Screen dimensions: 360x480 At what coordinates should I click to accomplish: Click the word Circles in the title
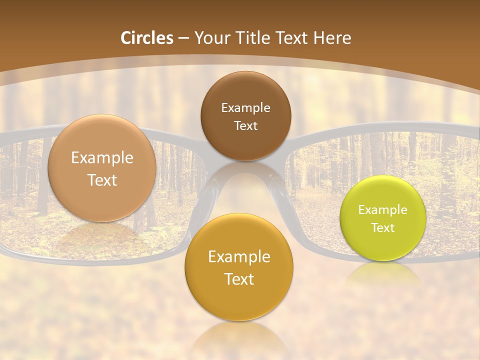[x=146, y=38]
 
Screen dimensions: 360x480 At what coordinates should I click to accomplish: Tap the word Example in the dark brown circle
[x=245, y=107]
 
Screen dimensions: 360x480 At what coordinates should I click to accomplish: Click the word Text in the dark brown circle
[x=245, y=125]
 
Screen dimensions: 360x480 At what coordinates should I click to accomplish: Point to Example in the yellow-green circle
[x=383, y=209]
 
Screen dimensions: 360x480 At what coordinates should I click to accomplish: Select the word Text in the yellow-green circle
[x=383, y=227]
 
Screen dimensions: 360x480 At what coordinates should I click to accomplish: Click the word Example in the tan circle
[x=102, y=158]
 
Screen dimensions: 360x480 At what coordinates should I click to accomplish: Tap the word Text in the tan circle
[x=102, y=180]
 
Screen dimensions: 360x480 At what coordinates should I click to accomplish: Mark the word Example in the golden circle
[x=239, y=257]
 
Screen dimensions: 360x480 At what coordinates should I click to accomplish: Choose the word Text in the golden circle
[x=239, y=279]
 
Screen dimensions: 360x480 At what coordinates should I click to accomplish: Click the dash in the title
[x=183, y=38]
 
